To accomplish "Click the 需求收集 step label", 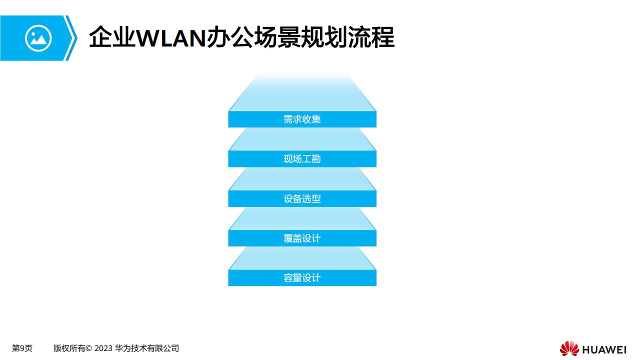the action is tap(302, 119).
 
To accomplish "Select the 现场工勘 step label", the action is tap(302, 159).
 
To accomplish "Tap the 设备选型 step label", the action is tap(302, 198).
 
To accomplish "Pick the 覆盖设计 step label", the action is tap(302, 238).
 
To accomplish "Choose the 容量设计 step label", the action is tap(302, 278).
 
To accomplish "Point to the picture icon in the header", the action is tap(38, 38).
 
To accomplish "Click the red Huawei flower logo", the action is tap(569, 348).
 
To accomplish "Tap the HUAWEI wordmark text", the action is tap(604, 349).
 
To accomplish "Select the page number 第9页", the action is tap(22, 348).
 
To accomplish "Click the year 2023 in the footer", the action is tap(103, 348).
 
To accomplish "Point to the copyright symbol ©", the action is tap(88, 348).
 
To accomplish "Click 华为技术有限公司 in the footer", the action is tap(147, 348).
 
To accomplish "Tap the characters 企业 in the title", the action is tap(112, 37).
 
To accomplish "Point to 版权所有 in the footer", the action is tap(69, 348).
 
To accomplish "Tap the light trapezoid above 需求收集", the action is tap(302, 93).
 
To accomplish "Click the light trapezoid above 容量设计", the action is tap(302, 258).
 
